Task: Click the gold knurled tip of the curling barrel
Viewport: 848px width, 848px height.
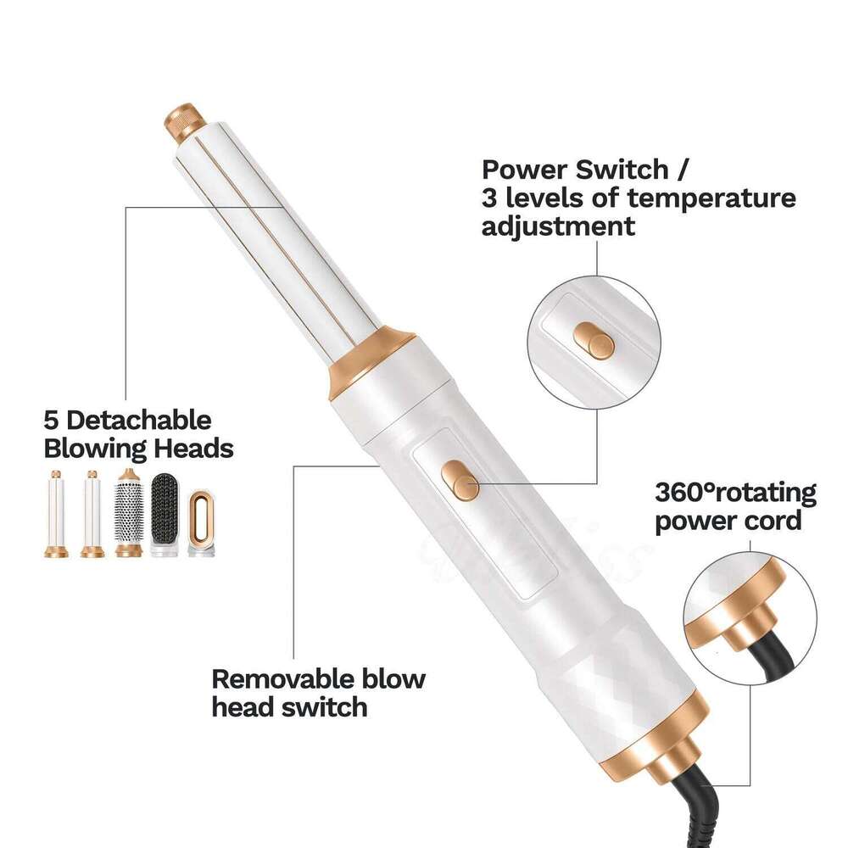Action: (x=186, y=121)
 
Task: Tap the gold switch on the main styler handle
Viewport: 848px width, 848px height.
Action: (x=460, y=480)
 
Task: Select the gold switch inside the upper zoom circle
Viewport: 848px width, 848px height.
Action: (x=594, y=341)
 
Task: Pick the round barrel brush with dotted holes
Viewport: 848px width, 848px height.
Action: (x=129, y=513)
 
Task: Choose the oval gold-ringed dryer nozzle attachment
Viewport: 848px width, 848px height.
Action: (x=201, y=522)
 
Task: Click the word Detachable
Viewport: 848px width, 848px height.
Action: (x=138, y=421)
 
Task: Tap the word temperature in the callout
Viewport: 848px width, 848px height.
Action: (x=711, y=198)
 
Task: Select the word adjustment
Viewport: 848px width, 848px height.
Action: (x=558, y=226)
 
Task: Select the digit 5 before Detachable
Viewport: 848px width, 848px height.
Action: (x=51, y=421)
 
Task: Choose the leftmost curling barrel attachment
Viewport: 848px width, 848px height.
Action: (x=56, y=514)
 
